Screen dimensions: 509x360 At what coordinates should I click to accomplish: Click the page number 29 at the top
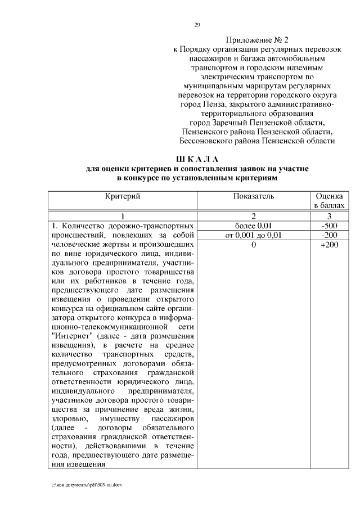tap(197, 25)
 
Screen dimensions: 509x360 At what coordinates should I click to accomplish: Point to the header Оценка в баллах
tap(329, 201)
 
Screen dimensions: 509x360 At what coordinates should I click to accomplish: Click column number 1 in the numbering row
tap(122, 217)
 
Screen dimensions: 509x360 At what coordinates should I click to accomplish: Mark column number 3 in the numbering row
tap(329, 217)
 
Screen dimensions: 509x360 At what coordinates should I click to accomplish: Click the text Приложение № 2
tap(256, 40)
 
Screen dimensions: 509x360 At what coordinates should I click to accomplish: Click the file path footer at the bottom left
tap(86, 484)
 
